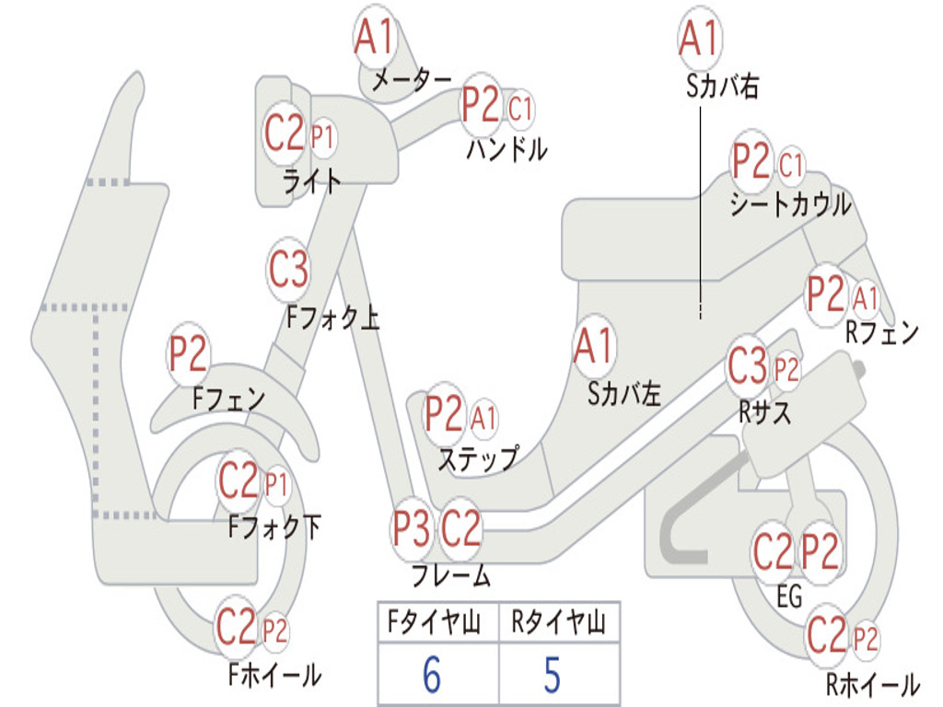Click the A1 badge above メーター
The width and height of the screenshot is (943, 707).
click(375, 38)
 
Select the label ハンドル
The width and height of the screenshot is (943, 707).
click(506, 148)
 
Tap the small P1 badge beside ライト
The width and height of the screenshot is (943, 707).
click(321, 138)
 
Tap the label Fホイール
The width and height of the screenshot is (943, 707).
click(274, 675)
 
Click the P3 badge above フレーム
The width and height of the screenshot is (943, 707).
click(411, 529)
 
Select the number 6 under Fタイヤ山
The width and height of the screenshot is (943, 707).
click(431, 676)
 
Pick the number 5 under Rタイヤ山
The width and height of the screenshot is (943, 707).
click(551, 676)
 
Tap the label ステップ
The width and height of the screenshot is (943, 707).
click(477, 458)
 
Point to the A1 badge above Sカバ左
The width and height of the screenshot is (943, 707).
click(593, 347)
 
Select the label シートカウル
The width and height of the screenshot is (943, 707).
click(790, 205)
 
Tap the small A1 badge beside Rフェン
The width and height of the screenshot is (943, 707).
click(866, 298)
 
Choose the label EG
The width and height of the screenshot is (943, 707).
click(789, 597)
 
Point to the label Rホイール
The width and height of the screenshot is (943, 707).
click(871, 684)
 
